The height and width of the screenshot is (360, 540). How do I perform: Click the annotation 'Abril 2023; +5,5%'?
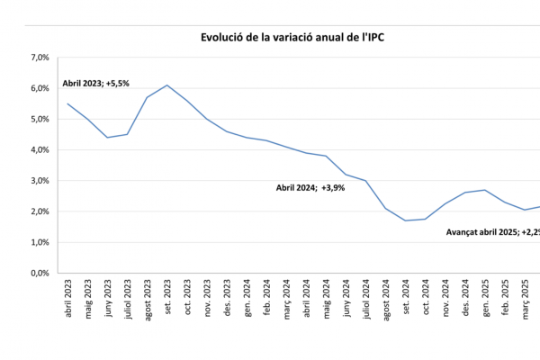[96, 83]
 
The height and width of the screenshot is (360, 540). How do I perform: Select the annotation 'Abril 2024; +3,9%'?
[312, 188]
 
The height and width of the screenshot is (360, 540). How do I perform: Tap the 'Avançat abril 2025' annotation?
[492, 232]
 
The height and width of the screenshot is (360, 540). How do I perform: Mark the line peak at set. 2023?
[166, 85]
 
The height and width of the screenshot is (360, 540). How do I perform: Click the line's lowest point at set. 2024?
[405, 220]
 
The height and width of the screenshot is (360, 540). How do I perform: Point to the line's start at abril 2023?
[67, 103]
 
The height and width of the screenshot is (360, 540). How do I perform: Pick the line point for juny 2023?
[107, 138]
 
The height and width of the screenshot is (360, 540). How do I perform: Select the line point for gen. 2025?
[485, 190]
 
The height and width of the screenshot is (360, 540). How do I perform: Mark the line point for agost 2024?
[385, 209]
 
